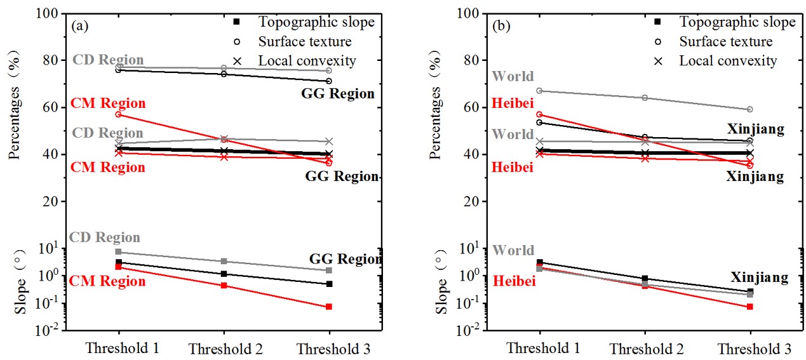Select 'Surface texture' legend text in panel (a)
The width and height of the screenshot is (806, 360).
[304, 42]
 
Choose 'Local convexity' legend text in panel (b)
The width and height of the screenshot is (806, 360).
[728, 61]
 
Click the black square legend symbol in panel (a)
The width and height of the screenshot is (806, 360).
[237, 22]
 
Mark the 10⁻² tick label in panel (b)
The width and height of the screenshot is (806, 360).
[471, 330]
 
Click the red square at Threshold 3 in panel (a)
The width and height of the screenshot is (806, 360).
[329, 307]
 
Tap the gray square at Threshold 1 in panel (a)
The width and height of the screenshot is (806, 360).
[119, 252]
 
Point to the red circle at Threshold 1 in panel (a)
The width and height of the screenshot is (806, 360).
[119, 114]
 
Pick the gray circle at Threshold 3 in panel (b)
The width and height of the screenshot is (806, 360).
[750, 109]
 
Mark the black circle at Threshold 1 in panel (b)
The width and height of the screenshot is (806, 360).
[540, 122]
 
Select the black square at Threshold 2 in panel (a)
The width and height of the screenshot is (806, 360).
[224, 274]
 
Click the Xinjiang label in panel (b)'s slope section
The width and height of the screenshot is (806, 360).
[759, 277]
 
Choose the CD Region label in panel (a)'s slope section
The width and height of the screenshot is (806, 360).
[105, 237]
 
